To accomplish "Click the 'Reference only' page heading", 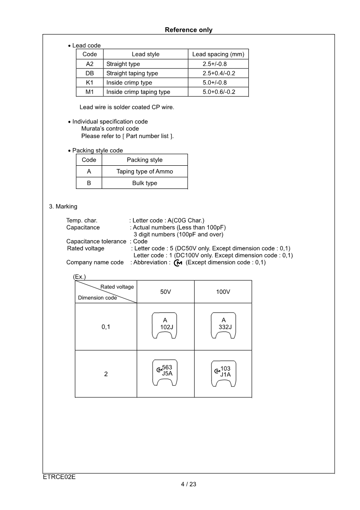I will (188, 30).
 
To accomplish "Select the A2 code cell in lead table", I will (89, 64).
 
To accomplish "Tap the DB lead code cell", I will (89, 73).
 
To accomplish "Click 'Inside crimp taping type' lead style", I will (138, 92).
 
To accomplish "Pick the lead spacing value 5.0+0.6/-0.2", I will (219, 92).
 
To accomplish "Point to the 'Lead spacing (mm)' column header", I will (218, 54).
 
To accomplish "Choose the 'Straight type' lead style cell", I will (123, 64).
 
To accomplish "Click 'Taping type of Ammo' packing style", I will (144, 171).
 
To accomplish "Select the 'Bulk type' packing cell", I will (144, 183).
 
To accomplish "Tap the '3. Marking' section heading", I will (63, 207).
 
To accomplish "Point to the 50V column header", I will (165, 292).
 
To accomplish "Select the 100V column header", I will (223, 292).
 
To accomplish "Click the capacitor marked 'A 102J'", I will (164, 326).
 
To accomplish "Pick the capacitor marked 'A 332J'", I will (223, 326).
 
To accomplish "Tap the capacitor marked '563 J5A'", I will (164, 373).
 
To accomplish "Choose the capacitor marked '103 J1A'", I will (223, 373).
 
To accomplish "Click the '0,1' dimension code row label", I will (106, 327).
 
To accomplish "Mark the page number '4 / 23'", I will (188, 484).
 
